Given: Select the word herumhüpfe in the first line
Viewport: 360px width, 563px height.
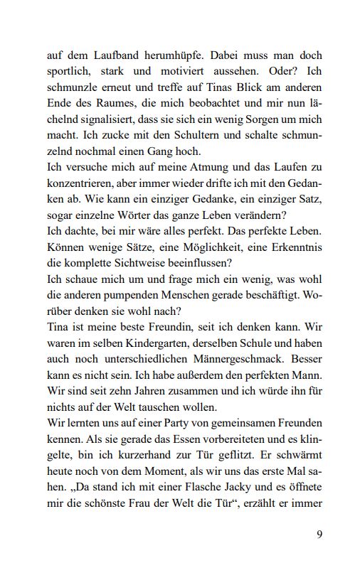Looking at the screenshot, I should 163,55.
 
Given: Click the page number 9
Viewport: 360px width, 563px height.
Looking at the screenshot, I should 319,534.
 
